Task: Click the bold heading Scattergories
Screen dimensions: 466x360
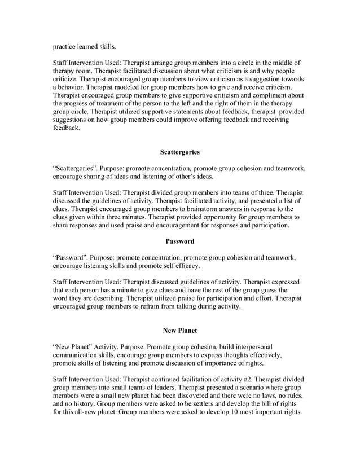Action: tap(179, 152)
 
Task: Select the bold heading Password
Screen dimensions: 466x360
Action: tap(179, 241)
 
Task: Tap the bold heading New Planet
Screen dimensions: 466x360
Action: tap(179, 331)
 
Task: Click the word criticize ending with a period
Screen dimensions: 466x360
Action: tap(70, 79)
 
